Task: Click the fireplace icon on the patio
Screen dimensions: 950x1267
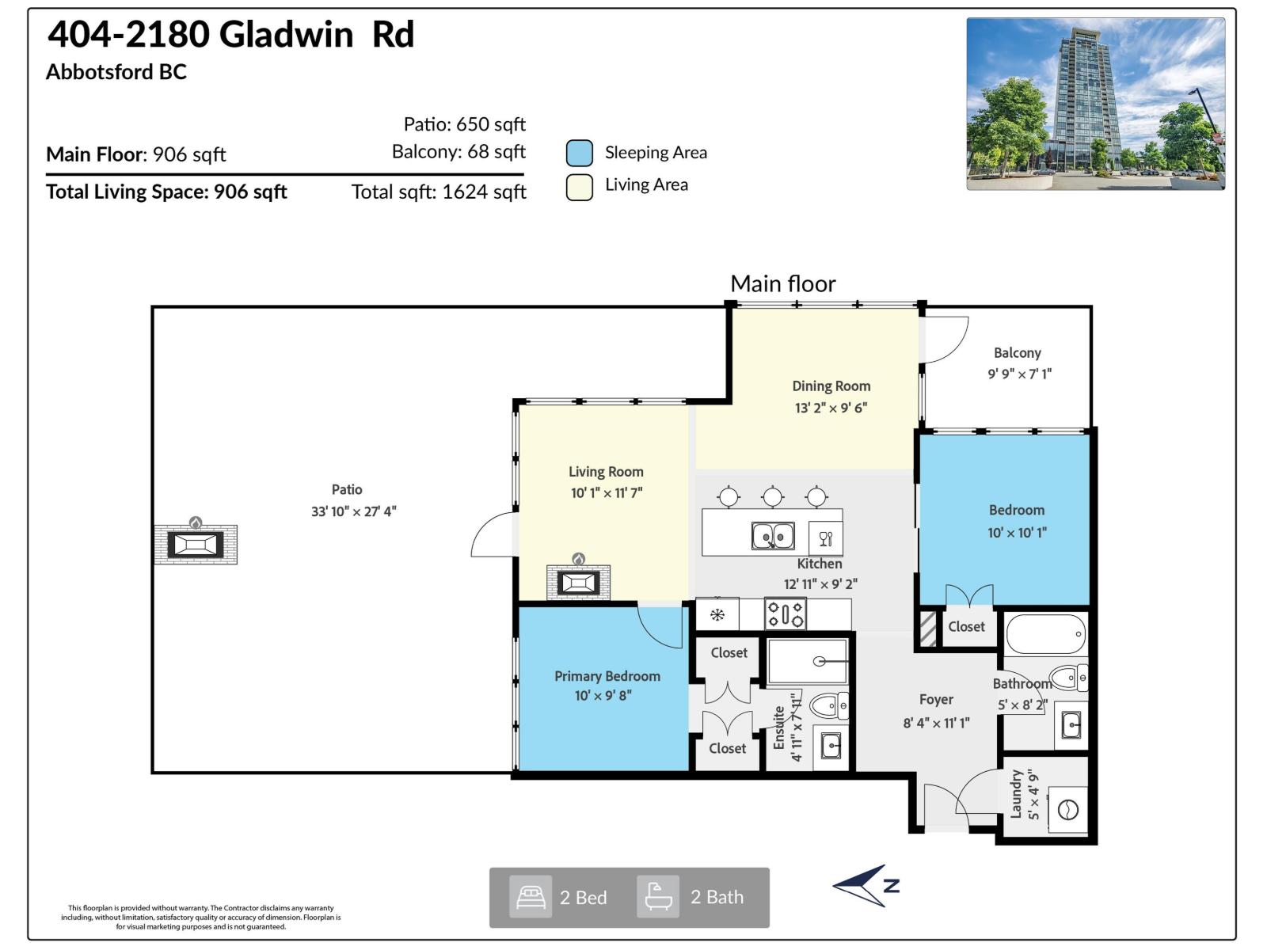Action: point(195,544)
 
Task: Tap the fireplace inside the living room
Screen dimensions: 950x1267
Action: point(578,583)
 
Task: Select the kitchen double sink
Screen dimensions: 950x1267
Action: point(773,537)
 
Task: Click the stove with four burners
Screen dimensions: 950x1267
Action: point(785,614)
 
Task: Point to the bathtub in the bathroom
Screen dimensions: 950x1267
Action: point(1045,634)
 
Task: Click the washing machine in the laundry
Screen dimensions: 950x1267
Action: point(1067,810)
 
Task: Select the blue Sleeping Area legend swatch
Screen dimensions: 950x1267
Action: point(580,153)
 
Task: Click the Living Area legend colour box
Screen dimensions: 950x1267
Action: point(580,187)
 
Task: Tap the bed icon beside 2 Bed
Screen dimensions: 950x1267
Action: point(531,897)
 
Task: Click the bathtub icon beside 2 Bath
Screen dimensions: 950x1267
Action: point(658,897)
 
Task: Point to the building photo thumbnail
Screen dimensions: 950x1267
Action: point(1095,104)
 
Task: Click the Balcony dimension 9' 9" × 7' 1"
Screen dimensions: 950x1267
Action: point(1019,374)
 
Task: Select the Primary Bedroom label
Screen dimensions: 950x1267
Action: point(607,676)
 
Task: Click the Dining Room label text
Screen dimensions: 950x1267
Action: point(831,386)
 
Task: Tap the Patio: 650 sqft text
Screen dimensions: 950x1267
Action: point(464,124)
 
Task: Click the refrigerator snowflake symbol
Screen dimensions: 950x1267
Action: point(717,615)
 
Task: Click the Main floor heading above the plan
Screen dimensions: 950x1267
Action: point(782,283)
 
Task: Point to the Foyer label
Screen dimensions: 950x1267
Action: point(936,700)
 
